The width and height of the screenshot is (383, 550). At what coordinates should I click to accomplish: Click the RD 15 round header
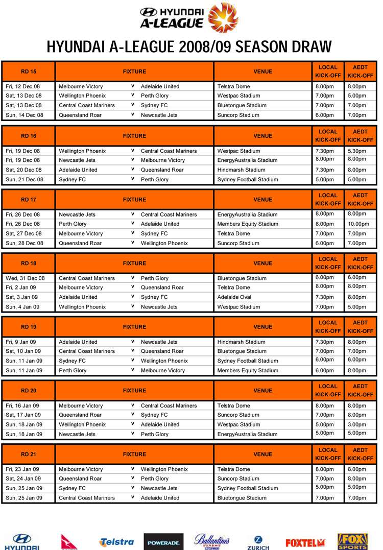[x=29, y=71]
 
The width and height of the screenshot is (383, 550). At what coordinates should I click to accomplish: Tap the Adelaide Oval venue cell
[x=234, y=297]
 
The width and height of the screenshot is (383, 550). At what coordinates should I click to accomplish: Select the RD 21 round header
[x=29, y=454]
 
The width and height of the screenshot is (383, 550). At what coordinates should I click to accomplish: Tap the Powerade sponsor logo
[x=163, y=542]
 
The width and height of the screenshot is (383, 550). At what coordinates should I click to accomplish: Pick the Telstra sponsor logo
[x=117, y=542]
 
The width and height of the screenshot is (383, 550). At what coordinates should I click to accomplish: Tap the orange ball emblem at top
[x=224, y=17]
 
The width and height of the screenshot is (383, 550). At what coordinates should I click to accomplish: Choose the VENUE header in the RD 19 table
[x=263, y=327]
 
